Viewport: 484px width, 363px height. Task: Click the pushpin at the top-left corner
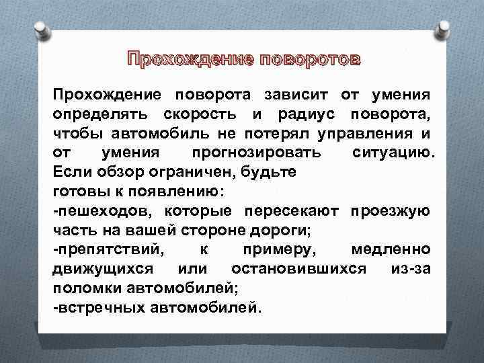point(40,25)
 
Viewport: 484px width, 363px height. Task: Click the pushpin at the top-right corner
point(444,25)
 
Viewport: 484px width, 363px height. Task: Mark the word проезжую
point(390,210)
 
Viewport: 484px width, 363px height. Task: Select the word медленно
point(390,250)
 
